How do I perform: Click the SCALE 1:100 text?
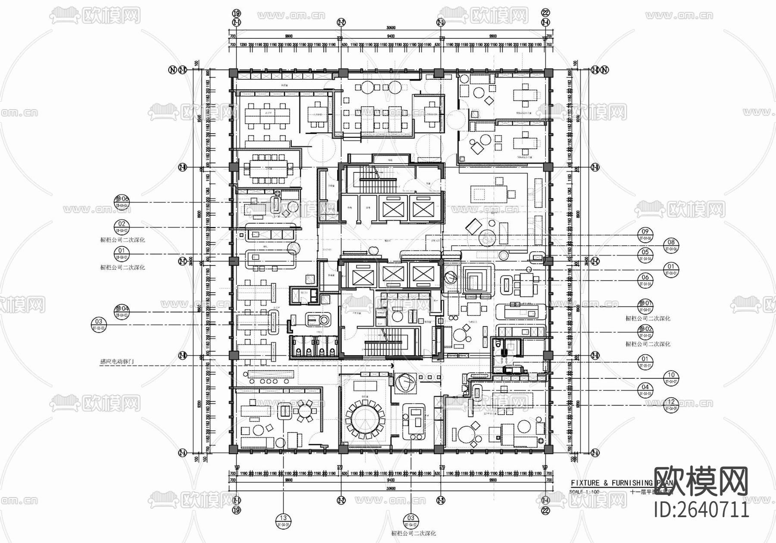[584, 492]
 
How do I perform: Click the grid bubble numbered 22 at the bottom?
[546, 510]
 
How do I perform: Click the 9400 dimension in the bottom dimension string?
[391, 479]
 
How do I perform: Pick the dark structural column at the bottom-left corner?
[233, 449]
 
